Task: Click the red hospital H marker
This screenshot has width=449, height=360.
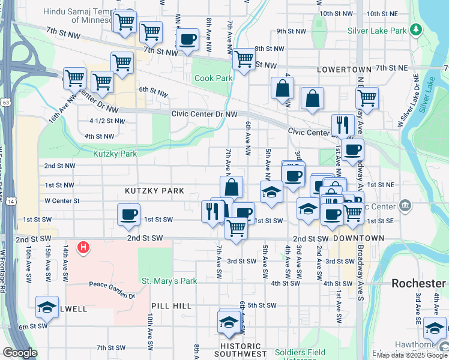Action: (83, 247)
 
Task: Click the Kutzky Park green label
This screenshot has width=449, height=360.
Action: (115, 154)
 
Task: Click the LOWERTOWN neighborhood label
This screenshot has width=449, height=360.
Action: (341, 70)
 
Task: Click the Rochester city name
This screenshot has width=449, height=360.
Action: (418, 283)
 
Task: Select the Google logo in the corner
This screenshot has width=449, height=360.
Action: (20, 353)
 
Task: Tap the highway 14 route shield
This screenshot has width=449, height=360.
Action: (11, 202)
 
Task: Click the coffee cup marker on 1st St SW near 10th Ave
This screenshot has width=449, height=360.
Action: (128, 215)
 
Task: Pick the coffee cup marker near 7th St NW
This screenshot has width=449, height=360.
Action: (188, 40)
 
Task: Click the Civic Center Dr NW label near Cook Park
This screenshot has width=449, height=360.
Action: (204, 113)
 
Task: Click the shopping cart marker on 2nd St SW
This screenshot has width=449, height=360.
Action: (237, 228)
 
